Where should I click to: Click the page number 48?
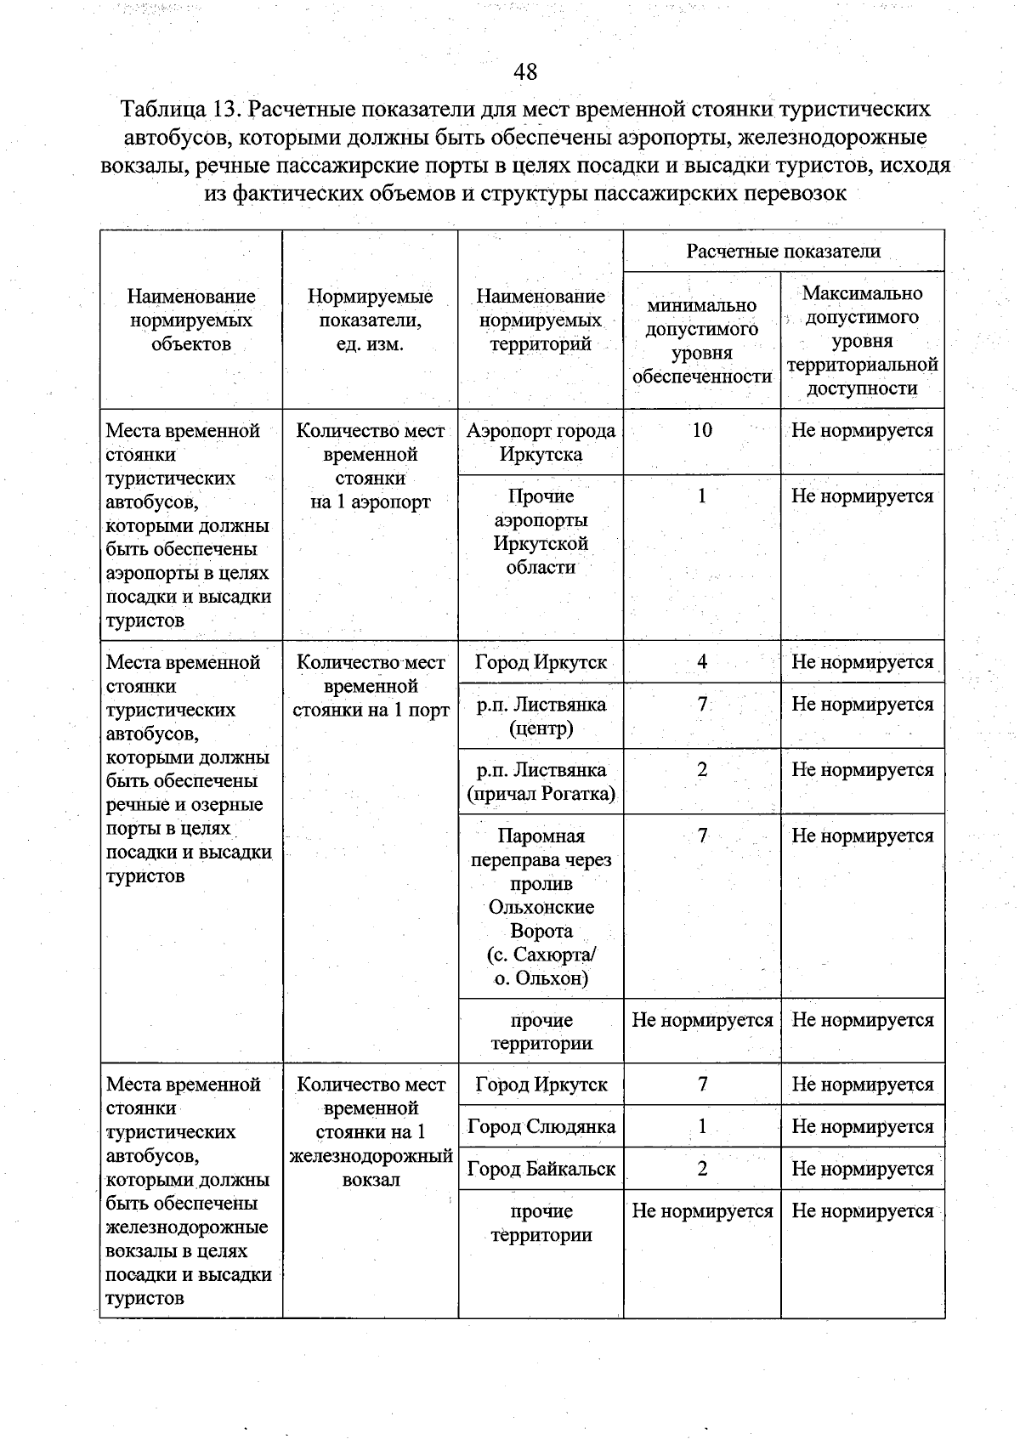525,71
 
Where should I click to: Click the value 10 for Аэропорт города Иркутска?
701,430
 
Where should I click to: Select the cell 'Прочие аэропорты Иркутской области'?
541,531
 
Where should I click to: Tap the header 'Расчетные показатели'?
783,251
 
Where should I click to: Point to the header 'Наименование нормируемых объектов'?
191,320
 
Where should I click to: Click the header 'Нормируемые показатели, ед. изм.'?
370,320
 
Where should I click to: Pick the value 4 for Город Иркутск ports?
701,662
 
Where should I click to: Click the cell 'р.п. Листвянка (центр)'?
541,716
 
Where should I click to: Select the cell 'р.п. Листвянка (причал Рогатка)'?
541,782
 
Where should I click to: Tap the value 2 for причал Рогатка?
701,770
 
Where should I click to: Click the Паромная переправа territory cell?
541,906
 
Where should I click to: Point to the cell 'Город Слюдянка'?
541,1127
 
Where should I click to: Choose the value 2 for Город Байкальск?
701,1169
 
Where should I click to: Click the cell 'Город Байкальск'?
541,1169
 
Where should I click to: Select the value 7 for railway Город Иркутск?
701,1085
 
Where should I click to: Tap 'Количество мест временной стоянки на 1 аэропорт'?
370,466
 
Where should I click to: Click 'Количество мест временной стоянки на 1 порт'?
370,686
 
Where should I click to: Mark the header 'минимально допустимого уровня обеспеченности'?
701,341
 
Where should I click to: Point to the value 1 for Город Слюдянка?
701,1127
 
